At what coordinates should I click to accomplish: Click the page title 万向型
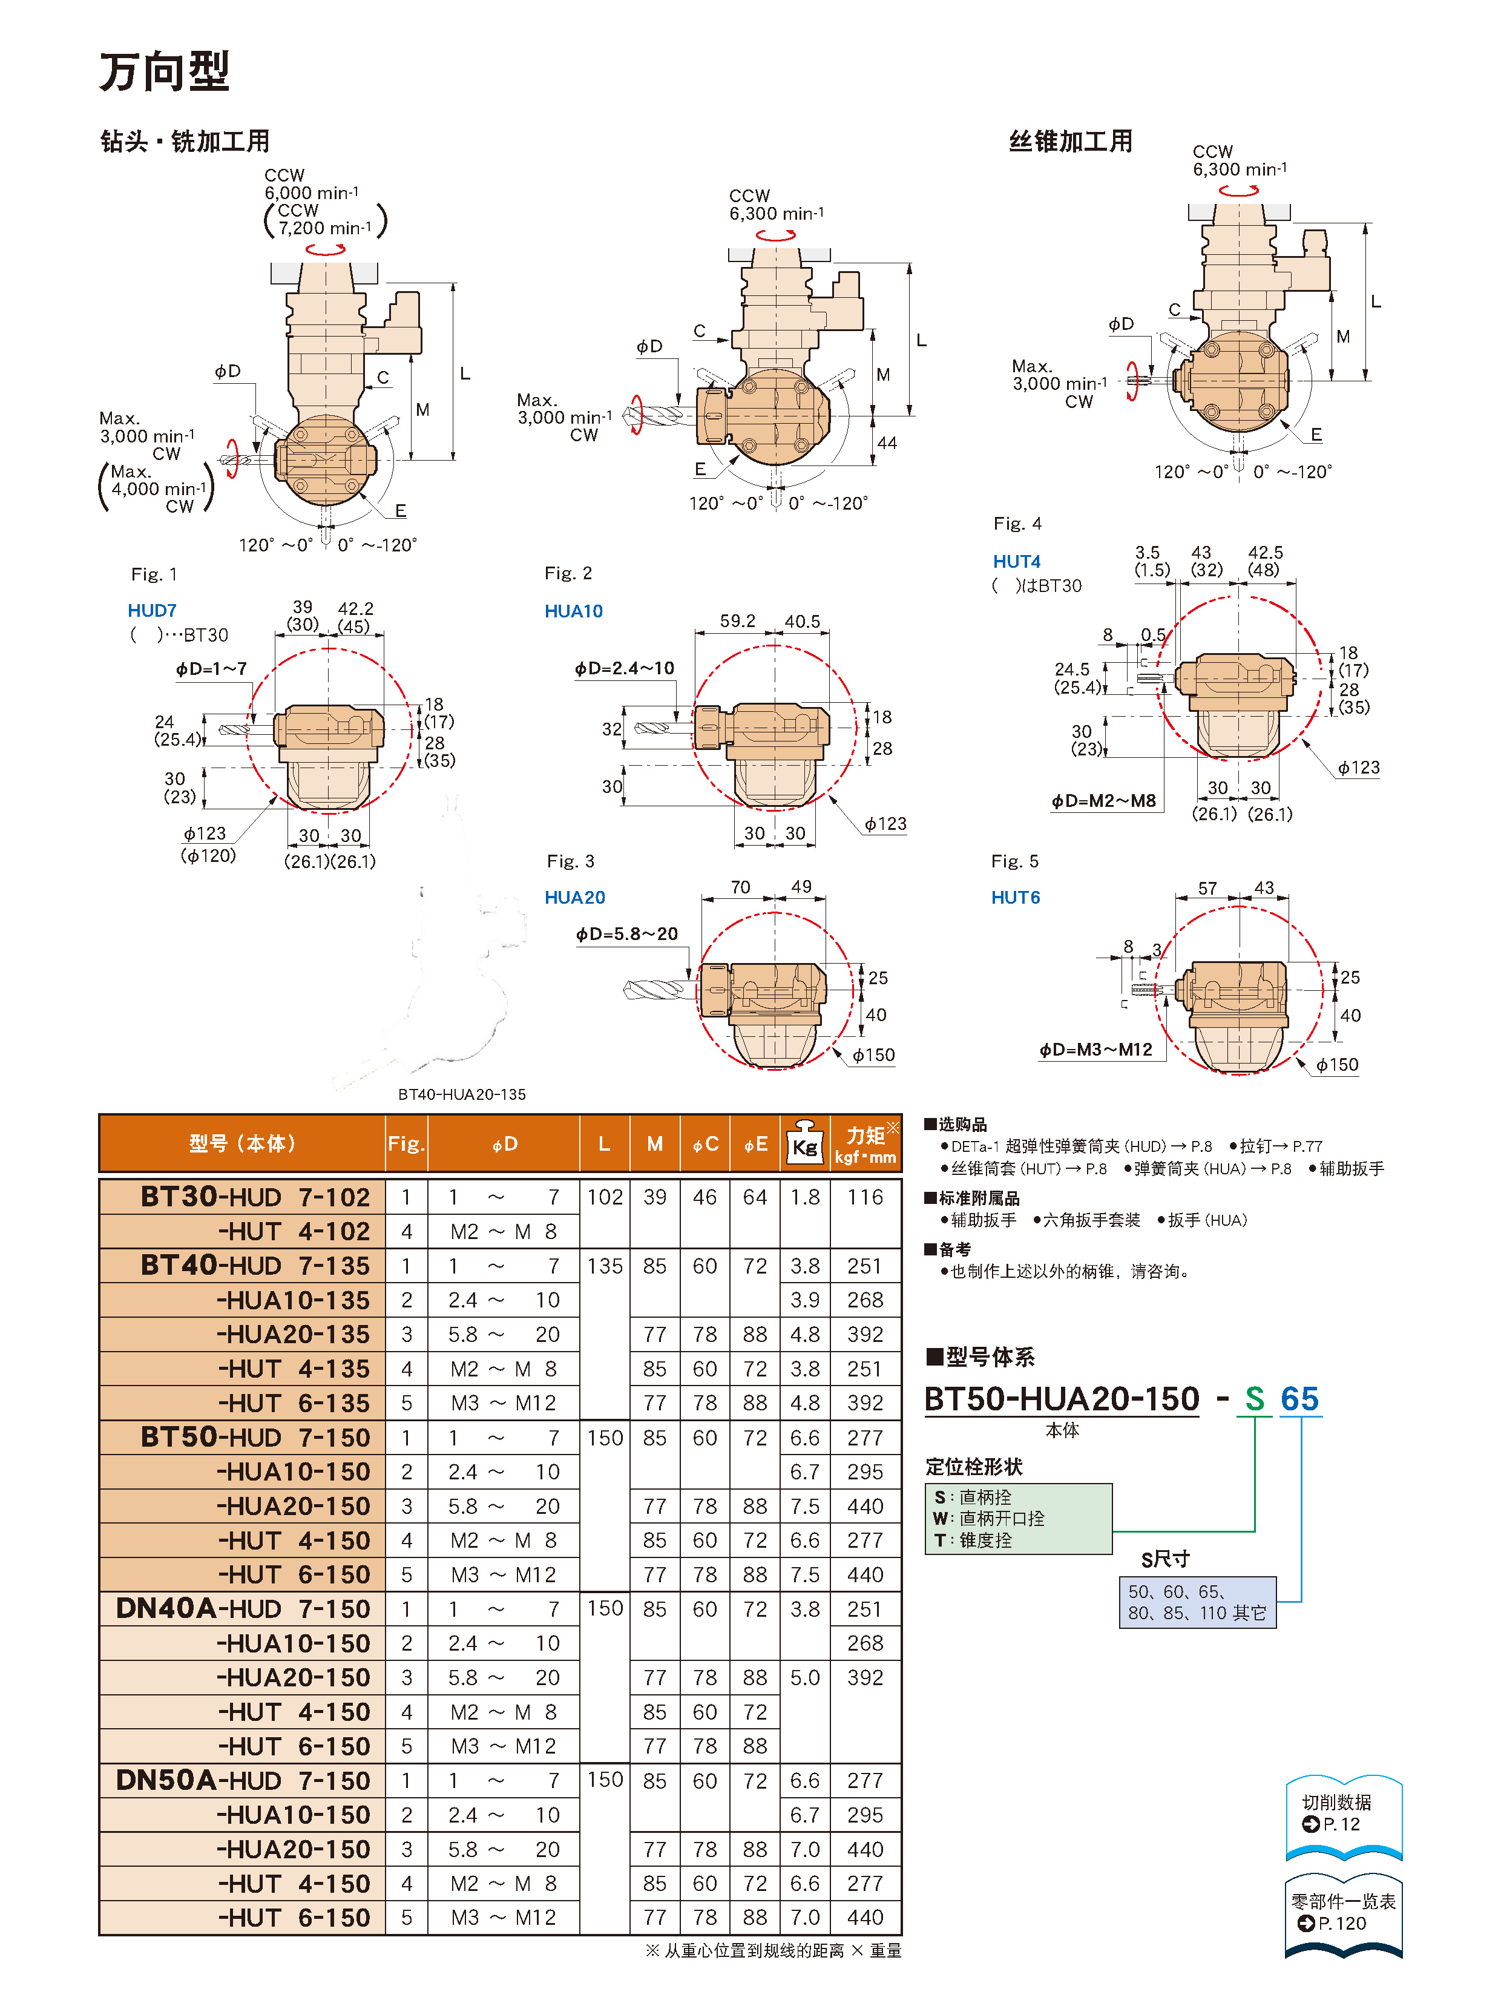point(165,73)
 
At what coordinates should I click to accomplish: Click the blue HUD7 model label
point(152,610)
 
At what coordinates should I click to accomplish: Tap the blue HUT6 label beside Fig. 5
point(1014,897)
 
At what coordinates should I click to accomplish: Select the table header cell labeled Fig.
point(406,1143)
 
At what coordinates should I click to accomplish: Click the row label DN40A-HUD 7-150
point(243,1608)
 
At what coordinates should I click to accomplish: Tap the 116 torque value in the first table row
point(864,1197)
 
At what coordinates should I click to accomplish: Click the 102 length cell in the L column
point(604,1197)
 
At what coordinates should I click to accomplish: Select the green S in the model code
point(1254,1399)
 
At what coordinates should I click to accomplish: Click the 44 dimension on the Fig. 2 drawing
point(886,443)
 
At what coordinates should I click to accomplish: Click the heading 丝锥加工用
point(1071,142)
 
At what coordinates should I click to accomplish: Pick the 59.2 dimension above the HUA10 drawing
point(737,620)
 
